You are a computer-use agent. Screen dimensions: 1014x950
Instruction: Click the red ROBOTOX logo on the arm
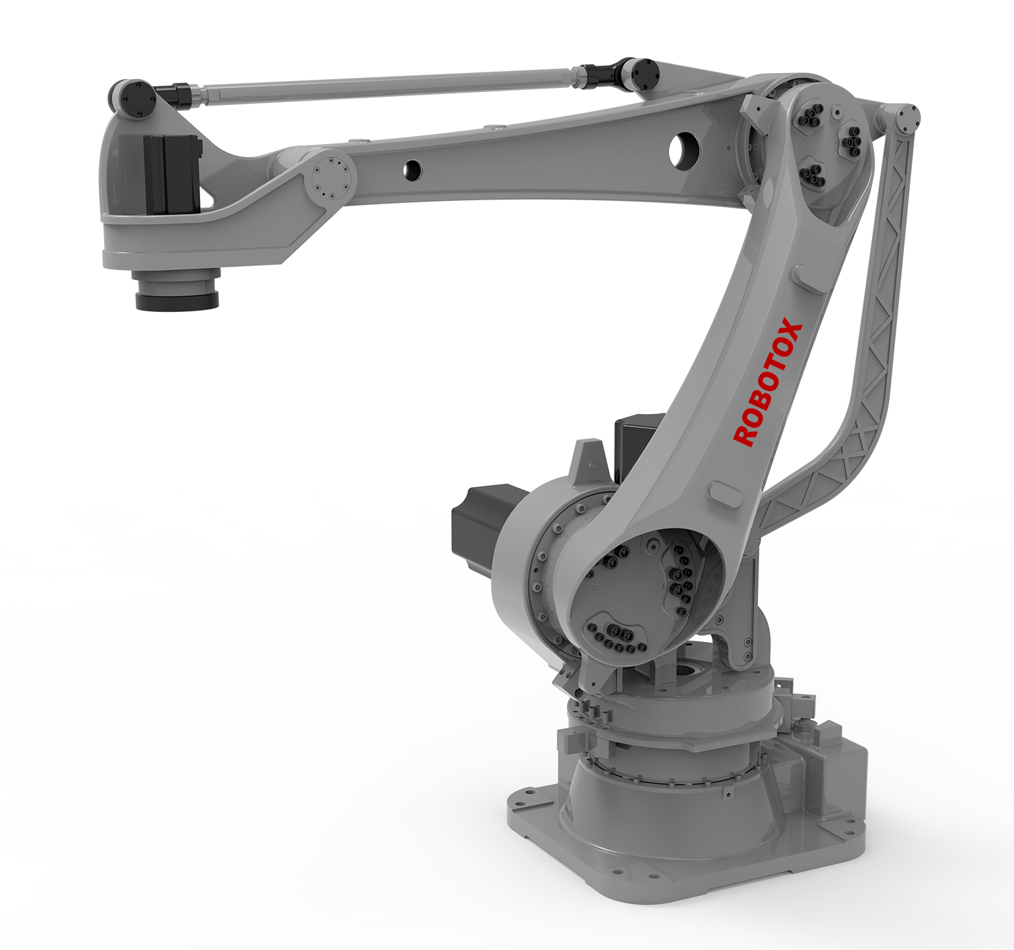(767, 382)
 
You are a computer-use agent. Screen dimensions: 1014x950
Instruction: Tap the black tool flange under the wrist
(177, 300)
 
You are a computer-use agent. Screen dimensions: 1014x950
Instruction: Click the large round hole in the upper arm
(684, 149)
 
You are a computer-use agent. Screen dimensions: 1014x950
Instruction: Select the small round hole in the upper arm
(413, 171)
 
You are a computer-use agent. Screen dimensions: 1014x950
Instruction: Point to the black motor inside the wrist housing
(171, 173)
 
